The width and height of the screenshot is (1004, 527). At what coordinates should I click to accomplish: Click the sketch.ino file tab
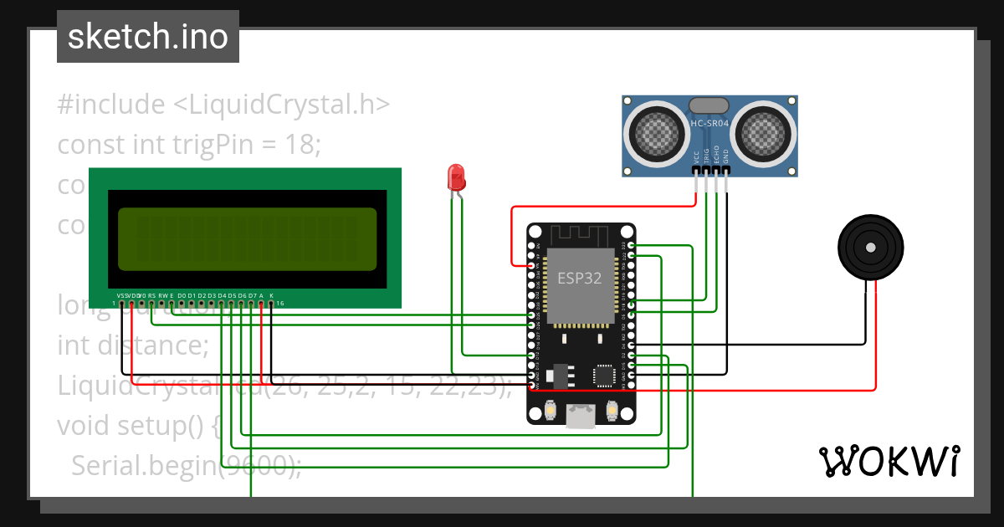click(147, 37)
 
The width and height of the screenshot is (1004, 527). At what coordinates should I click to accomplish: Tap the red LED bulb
click(456, 177)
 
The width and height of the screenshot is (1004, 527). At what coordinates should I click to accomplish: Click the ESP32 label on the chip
click(579, 279)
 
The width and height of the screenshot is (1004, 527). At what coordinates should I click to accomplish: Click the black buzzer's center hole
click(871, 248)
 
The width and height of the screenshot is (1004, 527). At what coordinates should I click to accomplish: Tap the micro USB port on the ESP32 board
click(581, 416)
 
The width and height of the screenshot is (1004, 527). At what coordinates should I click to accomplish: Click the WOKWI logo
click(888, 460)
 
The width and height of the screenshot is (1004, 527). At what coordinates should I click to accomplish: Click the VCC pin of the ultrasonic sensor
click(696, 169)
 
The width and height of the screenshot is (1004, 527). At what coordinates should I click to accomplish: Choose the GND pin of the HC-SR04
click(726, 169)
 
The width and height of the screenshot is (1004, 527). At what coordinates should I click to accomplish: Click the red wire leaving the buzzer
click(875, 335)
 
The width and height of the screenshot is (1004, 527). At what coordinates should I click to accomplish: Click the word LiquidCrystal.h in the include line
click(281, 105)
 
